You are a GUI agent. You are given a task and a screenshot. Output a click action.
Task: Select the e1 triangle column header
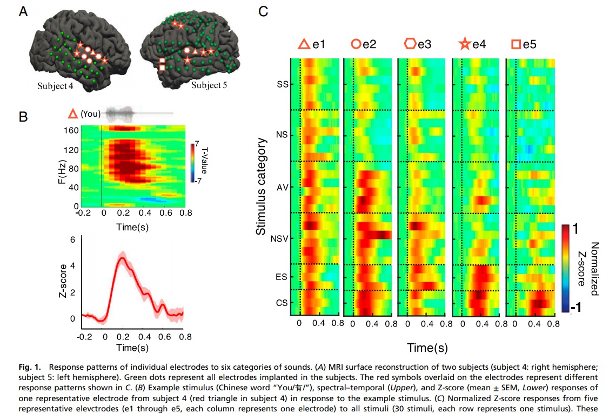tap(313, 44)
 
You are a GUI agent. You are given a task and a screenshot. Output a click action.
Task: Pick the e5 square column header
tap(524, 44)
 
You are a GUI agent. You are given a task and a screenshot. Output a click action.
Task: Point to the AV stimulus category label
tap(281, 187)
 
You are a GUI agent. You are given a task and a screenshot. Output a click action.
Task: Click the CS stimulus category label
tap(281, 303)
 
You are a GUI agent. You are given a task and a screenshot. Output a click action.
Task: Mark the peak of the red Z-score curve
tap(123, 258)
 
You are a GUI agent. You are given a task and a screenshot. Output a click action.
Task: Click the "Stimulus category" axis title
tap(261, 186)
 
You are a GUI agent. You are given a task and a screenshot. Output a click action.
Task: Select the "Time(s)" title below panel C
tap(427, 348)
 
